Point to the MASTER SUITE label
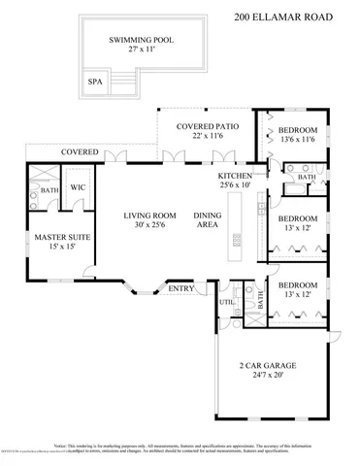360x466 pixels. pos(55,236)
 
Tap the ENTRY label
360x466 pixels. pos(181,288)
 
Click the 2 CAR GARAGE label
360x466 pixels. pos(267,365)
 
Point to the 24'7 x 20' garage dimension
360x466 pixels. pos(267,376)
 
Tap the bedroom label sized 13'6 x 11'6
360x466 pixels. pos(297,130)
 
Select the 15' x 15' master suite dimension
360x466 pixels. pos(55,247)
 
